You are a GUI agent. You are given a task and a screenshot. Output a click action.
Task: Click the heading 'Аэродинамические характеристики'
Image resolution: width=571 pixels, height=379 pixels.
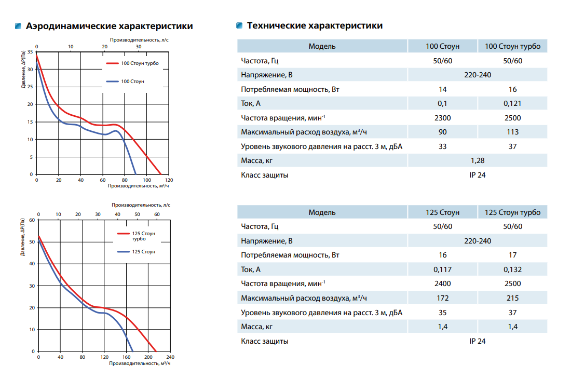click(x=109, y=26)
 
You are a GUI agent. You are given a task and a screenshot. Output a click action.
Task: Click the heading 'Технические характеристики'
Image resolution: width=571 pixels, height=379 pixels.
click(x=315, y=25)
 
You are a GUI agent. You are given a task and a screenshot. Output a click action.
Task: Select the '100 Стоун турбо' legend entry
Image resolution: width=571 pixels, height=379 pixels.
click(x=132, y=63)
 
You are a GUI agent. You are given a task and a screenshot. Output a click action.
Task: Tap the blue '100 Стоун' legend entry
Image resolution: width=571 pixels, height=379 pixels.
click(x=125, y=82)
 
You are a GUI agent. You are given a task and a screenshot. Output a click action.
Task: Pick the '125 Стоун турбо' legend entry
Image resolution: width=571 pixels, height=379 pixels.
click(x=137, y=236)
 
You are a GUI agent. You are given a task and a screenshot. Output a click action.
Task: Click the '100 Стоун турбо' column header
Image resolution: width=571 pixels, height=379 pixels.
click(x=512, y=46)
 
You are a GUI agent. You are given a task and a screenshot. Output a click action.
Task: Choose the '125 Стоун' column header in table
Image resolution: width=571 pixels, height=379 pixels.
click(x=442, y=212)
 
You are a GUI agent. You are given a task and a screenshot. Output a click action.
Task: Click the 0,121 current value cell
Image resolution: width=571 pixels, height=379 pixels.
click(x=512, y=103)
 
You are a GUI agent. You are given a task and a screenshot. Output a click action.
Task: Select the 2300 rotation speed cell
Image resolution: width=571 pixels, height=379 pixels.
click(x=442, y=118)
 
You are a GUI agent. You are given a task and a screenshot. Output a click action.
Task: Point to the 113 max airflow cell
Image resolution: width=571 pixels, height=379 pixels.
click(x=512, y=132)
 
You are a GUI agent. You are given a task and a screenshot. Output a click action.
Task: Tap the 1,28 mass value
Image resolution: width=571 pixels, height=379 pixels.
click(x=478, y=160)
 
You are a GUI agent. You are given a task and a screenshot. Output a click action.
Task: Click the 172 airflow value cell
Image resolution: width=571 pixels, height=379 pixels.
click(x=442, y=298)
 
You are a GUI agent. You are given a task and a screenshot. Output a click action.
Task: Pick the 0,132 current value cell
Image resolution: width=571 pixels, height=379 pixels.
click(x=512, y=269)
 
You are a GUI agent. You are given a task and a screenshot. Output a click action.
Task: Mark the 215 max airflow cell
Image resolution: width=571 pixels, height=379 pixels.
click(x=512, y=298)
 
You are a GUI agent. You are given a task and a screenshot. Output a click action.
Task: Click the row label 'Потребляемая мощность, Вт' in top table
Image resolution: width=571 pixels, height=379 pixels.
click(x=290, y=90)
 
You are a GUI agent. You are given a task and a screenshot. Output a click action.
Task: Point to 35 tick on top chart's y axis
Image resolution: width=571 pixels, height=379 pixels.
click(x=30, y=52)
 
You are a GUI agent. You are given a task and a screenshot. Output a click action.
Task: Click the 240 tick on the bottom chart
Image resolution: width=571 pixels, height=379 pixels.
click(x=170, y=357)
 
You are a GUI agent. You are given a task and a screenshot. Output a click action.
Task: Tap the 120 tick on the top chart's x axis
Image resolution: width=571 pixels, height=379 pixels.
click(x=169, y=180)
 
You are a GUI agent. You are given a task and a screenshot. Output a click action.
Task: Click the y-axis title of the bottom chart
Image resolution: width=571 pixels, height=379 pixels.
click(x=22, y=237)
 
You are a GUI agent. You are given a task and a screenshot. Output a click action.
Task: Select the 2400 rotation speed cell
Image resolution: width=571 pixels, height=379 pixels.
click(x=442, y=283)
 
